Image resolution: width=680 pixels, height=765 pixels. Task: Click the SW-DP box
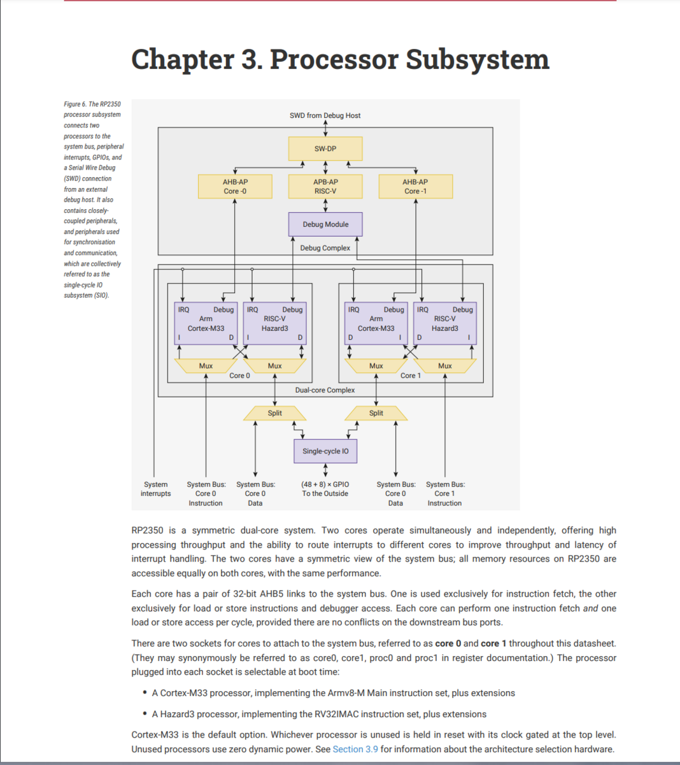coord(325,149)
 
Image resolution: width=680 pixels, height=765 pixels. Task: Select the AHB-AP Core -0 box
coord(235,186)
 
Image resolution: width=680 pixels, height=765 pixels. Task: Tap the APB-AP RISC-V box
coord(325,186)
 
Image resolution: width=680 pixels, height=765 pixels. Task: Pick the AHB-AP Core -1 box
coord(415,186)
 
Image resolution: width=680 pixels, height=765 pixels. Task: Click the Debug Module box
coord(325,224)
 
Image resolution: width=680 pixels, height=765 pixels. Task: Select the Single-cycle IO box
coord(325,451)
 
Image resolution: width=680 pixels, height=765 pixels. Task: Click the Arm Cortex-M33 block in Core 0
coord(206,323)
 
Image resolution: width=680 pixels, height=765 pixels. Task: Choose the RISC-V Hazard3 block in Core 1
coord(444,323)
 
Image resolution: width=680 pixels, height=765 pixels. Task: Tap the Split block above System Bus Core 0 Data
coord(274,414)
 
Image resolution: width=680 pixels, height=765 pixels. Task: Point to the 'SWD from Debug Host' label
coord(325,115)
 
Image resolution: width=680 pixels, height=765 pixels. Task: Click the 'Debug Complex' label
coord(325,248)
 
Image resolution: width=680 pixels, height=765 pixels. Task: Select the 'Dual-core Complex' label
coord(325,390)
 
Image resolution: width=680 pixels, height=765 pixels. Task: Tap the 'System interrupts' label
coord(155,489)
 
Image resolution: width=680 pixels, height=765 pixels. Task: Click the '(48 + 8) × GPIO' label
coord(325,484)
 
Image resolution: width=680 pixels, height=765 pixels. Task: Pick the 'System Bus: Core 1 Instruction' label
coord(444,493)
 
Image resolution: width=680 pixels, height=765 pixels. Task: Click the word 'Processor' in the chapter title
coord(334,59)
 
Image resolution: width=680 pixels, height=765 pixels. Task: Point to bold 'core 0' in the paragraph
coord(448,643)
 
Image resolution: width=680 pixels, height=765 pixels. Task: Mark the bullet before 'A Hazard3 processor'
coord(145,714)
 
